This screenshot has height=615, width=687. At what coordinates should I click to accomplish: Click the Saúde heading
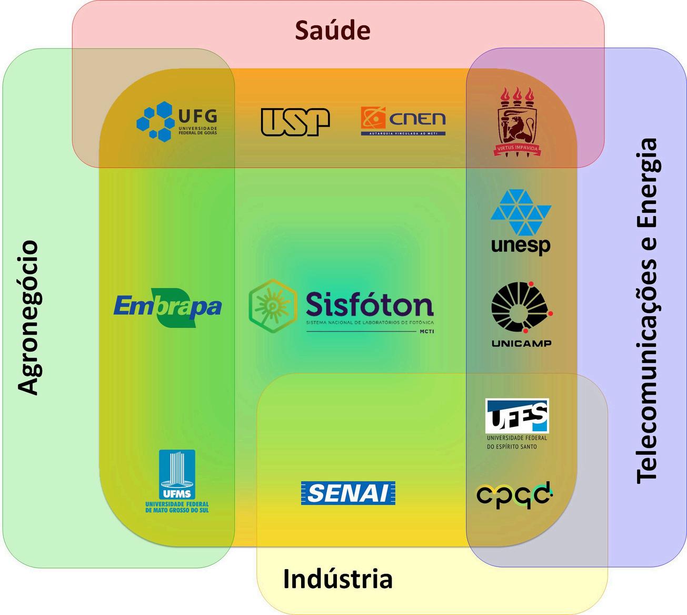pyautogui.click(x=332, y=31)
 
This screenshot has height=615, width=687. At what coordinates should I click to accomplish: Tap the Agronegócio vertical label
pyautogui.click(x=28, y=317)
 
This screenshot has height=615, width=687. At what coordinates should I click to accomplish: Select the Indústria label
pyautogui.click(x=337, y=579)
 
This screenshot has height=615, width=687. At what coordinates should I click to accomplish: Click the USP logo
pyautogui.click(x=295, y=122)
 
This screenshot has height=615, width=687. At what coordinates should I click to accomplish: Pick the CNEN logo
pyautogui.click(x=403, y=121)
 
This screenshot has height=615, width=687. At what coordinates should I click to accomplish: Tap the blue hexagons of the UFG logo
pyautogui.click(x=155, y=121)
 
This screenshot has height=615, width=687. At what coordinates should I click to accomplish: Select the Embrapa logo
pyautogui.click(x=167, y=307)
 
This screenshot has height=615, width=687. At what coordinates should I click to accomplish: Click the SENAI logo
pyautogui.click(x=348, y=493)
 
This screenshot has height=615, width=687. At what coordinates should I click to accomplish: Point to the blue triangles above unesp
pyautogui.click(x=521, y=212)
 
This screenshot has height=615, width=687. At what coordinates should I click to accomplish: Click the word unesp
pyautogui.click(x=521, y=246)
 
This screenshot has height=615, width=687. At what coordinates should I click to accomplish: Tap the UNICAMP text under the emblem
pyautogui.click(x=521, y=344)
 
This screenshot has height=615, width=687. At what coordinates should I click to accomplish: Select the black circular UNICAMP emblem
pyautogui.click(x=520, y=308)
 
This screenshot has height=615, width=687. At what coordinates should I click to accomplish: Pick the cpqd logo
pyautogui.click(x=514, y=495)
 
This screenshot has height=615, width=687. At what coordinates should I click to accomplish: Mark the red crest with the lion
pyautogui.click(x=517, y=122)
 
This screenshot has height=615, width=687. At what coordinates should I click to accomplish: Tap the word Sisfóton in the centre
pyautogui.click(x=370, y=305)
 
